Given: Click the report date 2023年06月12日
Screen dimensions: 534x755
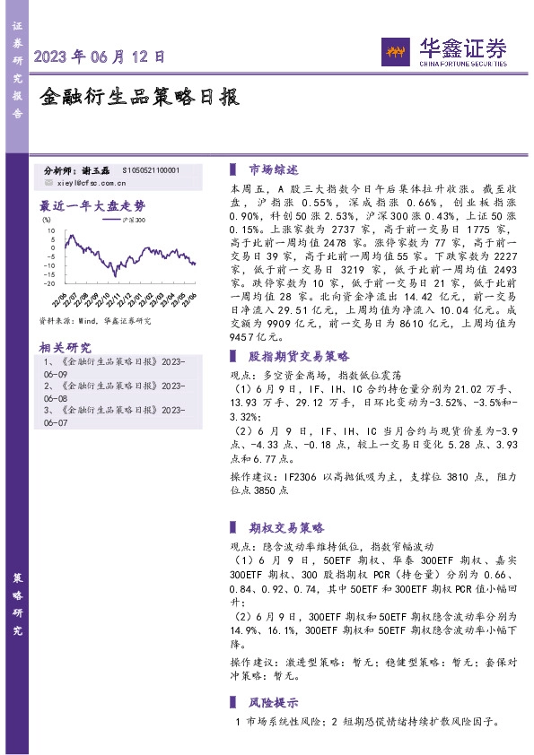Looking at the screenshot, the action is click(x=100, y=56).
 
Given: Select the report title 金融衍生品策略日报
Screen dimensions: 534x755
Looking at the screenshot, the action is click(x=140, y=98).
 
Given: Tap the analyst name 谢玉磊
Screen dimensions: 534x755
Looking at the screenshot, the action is click(x=93, y=169).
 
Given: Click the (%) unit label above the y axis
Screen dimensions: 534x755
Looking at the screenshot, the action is click(x=47, y=218).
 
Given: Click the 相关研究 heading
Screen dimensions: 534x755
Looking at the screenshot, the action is click(x=66, y=347).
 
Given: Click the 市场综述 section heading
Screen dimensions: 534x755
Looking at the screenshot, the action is click(x=273, y=169).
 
